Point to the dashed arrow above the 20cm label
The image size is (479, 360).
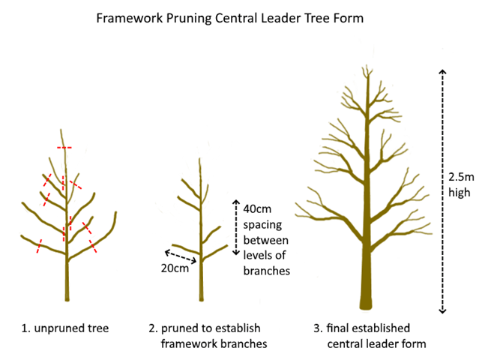[181, 255]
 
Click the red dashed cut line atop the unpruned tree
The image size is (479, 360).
[64, 148]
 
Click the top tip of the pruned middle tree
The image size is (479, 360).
[200, 160]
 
